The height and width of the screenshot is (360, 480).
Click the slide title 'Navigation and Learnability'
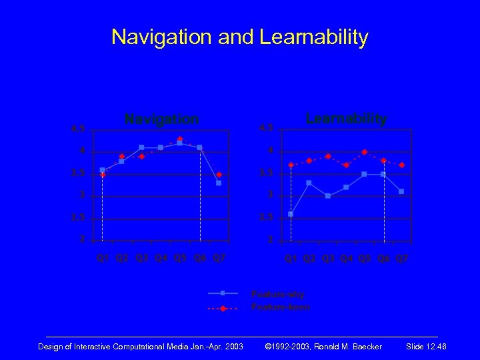[x=239, y=37]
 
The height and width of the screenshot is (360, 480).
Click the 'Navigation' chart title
[x=161, y=119]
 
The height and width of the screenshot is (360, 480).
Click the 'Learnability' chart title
[x=346, y=119]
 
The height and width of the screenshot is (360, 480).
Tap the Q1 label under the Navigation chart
[x=103, y=258]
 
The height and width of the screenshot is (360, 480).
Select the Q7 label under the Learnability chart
[x=402, y=258]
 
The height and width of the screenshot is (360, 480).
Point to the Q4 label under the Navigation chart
[x=161, y=258]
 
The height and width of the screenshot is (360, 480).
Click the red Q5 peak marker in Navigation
[x=180, y=139]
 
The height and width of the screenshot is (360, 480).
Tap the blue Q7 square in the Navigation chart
[x=219, y=183]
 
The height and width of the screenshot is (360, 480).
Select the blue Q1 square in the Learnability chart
[x=291, y=214]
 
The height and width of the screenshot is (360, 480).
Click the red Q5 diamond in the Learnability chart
[x=365, y=152]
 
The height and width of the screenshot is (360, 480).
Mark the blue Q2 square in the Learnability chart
[x=309, y=183]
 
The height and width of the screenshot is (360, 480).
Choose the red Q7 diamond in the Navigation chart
[x=219, y=174]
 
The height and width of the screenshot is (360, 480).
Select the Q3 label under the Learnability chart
[x=327, y=258]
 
